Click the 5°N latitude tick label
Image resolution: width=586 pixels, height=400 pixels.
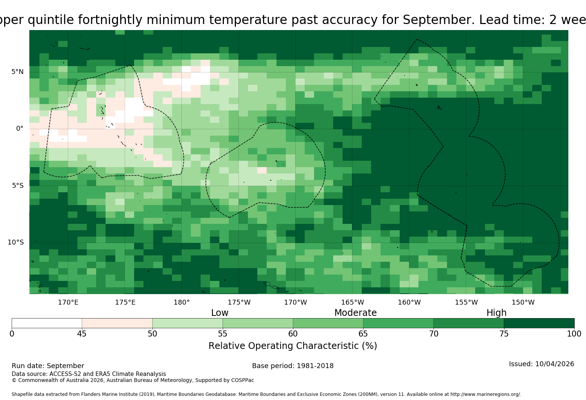point(17,72)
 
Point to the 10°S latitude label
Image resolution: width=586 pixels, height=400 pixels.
point(16,242)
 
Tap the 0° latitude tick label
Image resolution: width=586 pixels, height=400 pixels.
point(20,128)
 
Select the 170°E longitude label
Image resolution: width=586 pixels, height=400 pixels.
point(68,302)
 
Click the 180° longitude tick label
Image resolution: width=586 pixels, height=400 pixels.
point(181,302)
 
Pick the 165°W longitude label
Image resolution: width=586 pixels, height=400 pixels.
point(352,302)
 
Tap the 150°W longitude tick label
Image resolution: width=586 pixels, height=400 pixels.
point(523,302)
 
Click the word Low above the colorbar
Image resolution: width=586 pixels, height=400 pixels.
point(220,312)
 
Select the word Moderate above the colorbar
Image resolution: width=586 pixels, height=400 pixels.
point(355,312)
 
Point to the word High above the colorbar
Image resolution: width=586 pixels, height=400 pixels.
point(496,313)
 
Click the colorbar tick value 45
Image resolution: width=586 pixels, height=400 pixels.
point(82,334)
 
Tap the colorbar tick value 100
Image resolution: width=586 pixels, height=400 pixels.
point(574,334)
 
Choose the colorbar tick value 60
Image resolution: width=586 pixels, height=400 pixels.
point(293,334)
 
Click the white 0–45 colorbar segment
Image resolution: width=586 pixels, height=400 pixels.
point(47,323)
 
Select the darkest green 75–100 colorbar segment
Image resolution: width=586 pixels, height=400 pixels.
point(539,323)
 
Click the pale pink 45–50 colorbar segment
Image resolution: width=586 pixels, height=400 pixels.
point(117,323)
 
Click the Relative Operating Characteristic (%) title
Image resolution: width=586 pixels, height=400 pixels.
point(293,346)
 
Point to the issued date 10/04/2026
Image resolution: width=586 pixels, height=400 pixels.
point(554,364)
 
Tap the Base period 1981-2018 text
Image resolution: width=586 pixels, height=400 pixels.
point(293,366)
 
